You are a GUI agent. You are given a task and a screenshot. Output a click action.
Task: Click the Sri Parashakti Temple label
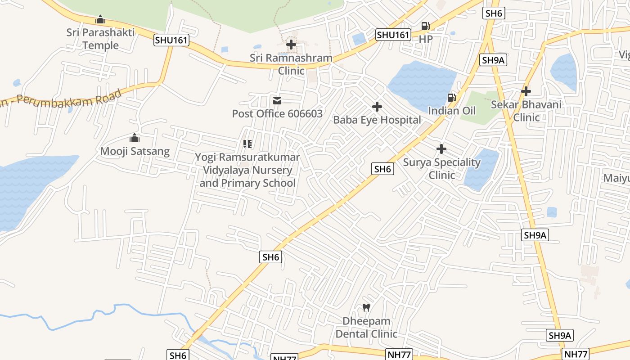point(100,39)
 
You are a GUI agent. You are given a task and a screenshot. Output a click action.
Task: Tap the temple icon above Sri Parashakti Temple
point(100,19)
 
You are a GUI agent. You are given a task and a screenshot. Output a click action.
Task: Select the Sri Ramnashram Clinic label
point(291,64)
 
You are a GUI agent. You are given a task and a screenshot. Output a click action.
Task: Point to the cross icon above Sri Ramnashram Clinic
point(291,45)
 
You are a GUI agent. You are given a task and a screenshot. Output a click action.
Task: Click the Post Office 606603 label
point(277,113)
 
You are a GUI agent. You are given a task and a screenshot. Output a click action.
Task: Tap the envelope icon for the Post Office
point(277,101)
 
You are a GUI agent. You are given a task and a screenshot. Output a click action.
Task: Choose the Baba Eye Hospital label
point(377,120)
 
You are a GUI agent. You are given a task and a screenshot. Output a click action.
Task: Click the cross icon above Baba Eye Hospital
point(377,107)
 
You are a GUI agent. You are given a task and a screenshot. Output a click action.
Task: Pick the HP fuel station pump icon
point(425,26)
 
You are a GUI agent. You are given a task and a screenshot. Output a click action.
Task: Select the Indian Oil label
point(451,111)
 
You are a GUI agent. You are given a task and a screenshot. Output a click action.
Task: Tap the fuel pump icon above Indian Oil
point(451,98)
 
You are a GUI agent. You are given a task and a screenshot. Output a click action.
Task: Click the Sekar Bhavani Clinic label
point(526,111)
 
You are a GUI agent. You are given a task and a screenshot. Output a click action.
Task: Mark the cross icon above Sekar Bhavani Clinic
point(526,91)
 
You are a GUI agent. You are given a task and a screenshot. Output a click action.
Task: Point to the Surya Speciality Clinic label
point(441,168)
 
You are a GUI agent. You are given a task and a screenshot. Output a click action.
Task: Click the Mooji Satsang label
point(135,151)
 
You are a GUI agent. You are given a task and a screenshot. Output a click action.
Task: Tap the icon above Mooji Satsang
point(135,138)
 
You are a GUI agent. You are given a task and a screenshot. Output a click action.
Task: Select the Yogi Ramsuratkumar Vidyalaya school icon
point(247,144)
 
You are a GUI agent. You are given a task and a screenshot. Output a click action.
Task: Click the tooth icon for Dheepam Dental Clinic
point(366,308)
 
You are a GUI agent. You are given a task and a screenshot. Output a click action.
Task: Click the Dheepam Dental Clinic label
point(366,328)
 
